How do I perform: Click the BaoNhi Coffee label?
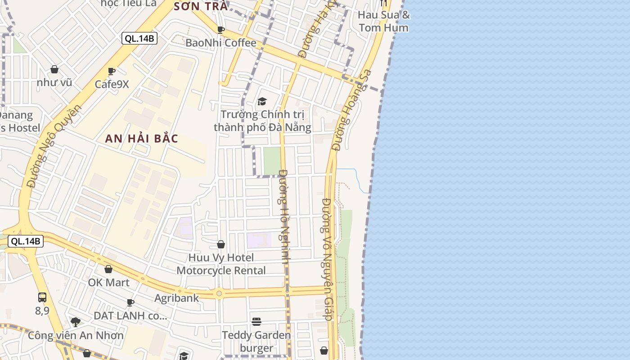(x=221, y=43)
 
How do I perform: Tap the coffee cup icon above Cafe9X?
(x=112, y=71)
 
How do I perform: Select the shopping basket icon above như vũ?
(x=54, y=69)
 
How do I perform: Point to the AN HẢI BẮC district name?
(x=142, y=139)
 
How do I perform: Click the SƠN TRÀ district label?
(x=201, y=6)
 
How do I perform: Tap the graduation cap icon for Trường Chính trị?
(x=262, y=101)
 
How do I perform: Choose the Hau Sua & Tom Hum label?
(x=384, y=21)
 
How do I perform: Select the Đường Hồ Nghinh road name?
(x=284, y=216)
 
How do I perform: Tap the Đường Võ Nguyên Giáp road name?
(x=328, y=259)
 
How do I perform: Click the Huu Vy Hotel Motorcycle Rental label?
(x=221, y=264)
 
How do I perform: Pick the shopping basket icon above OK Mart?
(x=108, y=269)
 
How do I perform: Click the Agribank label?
(x=176, y=298)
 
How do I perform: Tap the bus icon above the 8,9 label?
(x=42, y=297)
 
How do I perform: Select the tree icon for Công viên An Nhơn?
(x=76, y=322)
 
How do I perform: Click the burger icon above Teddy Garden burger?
(x=256, y=321)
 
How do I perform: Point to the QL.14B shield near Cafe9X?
(x=139, y=38)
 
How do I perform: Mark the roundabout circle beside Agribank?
(x=219, y=293)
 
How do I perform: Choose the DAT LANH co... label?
(x=130, y=315)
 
